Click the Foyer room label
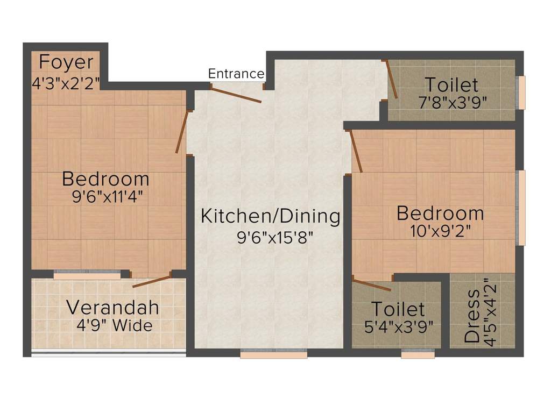pos(66,62)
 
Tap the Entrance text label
pos(236,74)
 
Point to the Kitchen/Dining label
pos(270,216)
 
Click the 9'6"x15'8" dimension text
pos(275,237)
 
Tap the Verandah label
pos(112,308)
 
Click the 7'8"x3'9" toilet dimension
pos(452,102)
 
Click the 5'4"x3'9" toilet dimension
pos(399,327)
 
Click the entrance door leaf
pos(236,94)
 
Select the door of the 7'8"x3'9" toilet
pos(391,80)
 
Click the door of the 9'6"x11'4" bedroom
pos(182,132)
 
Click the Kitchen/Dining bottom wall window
pos(273,353)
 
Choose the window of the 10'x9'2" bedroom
pos(520,208)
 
